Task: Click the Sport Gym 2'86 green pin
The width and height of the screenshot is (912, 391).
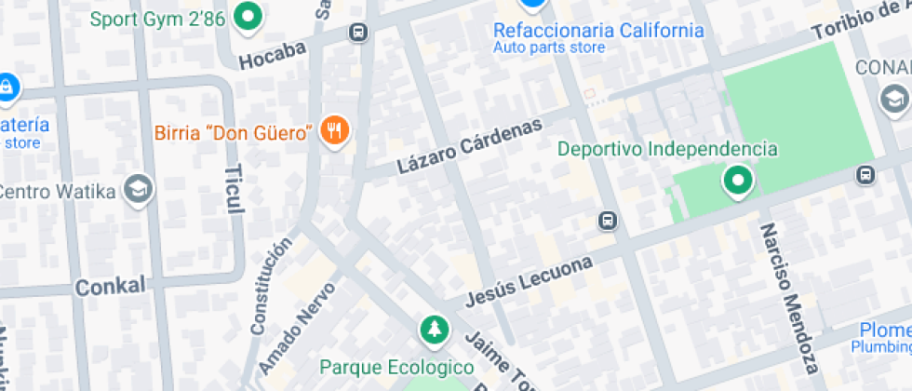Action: click(x=248, y=16)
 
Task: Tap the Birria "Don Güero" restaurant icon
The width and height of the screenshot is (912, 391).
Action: click(x=334, y=131)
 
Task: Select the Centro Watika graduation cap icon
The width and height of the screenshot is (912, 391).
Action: click(x=140, y=189)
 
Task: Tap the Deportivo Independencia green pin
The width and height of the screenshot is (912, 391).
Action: click(x=739, y=180)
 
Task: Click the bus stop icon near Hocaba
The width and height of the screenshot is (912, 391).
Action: click(x=357, y=33)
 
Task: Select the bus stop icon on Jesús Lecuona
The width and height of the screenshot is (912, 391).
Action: click(x=607, y=221)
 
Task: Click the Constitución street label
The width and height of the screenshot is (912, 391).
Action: click(x=271, y=285)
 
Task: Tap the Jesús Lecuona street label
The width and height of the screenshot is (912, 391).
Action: click(x=529, y=280)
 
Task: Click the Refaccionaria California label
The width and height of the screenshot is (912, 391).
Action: click(x=598, y=31)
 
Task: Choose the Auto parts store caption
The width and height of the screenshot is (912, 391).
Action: click(x=549, y=47)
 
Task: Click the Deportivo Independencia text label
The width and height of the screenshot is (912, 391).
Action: click(x=667, y=149)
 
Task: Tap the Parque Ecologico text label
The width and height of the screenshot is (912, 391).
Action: click(x=396, y=366)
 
